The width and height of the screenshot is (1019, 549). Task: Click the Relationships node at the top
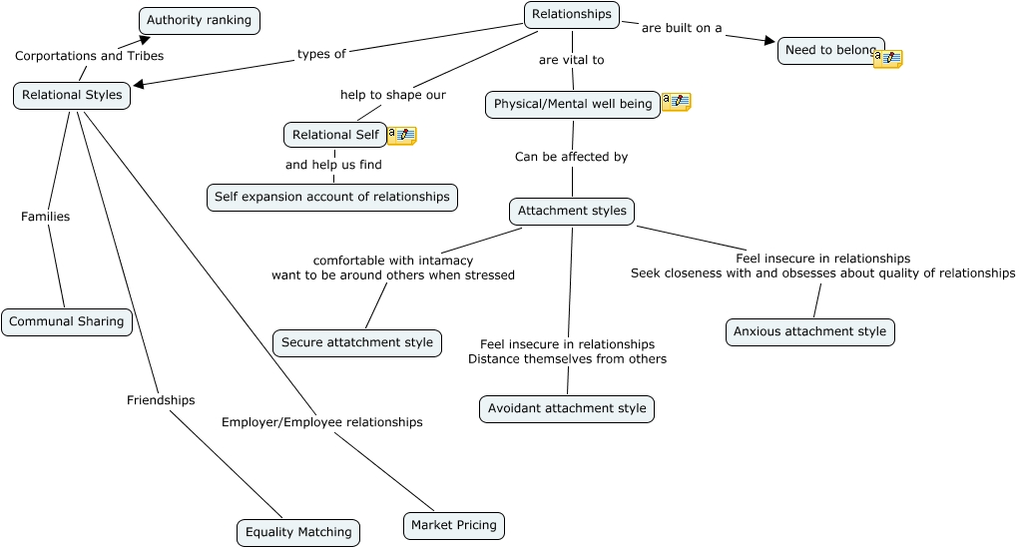(571, 15)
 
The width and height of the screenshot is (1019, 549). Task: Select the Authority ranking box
(199, 21)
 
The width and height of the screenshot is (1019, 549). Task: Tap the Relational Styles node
(72, 96)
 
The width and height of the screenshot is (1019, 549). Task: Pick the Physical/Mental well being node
(572, 105)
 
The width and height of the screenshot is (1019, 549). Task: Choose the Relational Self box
(335, 135)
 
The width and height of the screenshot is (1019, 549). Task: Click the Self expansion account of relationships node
(332, 198)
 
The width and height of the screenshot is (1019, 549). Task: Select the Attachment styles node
(572, 212)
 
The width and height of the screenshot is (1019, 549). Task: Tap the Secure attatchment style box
(357, 343)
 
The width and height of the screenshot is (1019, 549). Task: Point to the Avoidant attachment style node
(567, 409)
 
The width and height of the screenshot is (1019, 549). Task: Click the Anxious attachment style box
(809, 332)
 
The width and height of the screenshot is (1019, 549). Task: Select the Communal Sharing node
(67, 322)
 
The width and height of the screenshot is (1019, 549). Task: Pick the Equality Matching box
(298, 533)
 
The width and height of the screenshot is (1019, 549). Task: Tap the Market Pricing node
(454, 526)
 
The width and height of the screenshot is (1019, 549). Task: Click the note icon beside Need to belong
(888, 59)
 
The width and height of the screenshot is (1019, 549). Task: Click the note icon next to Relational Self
(401, 136)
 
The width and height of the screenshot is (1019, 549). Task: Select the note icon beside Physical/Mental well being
(676, 102)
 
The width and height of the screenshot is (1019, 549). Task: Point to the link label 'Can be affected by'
(571, 157)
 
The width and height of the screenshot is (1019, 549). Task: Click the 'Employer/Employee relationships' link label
(321, 422)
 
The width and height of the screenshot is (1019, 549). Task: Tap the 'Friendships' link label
(161, 400)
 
